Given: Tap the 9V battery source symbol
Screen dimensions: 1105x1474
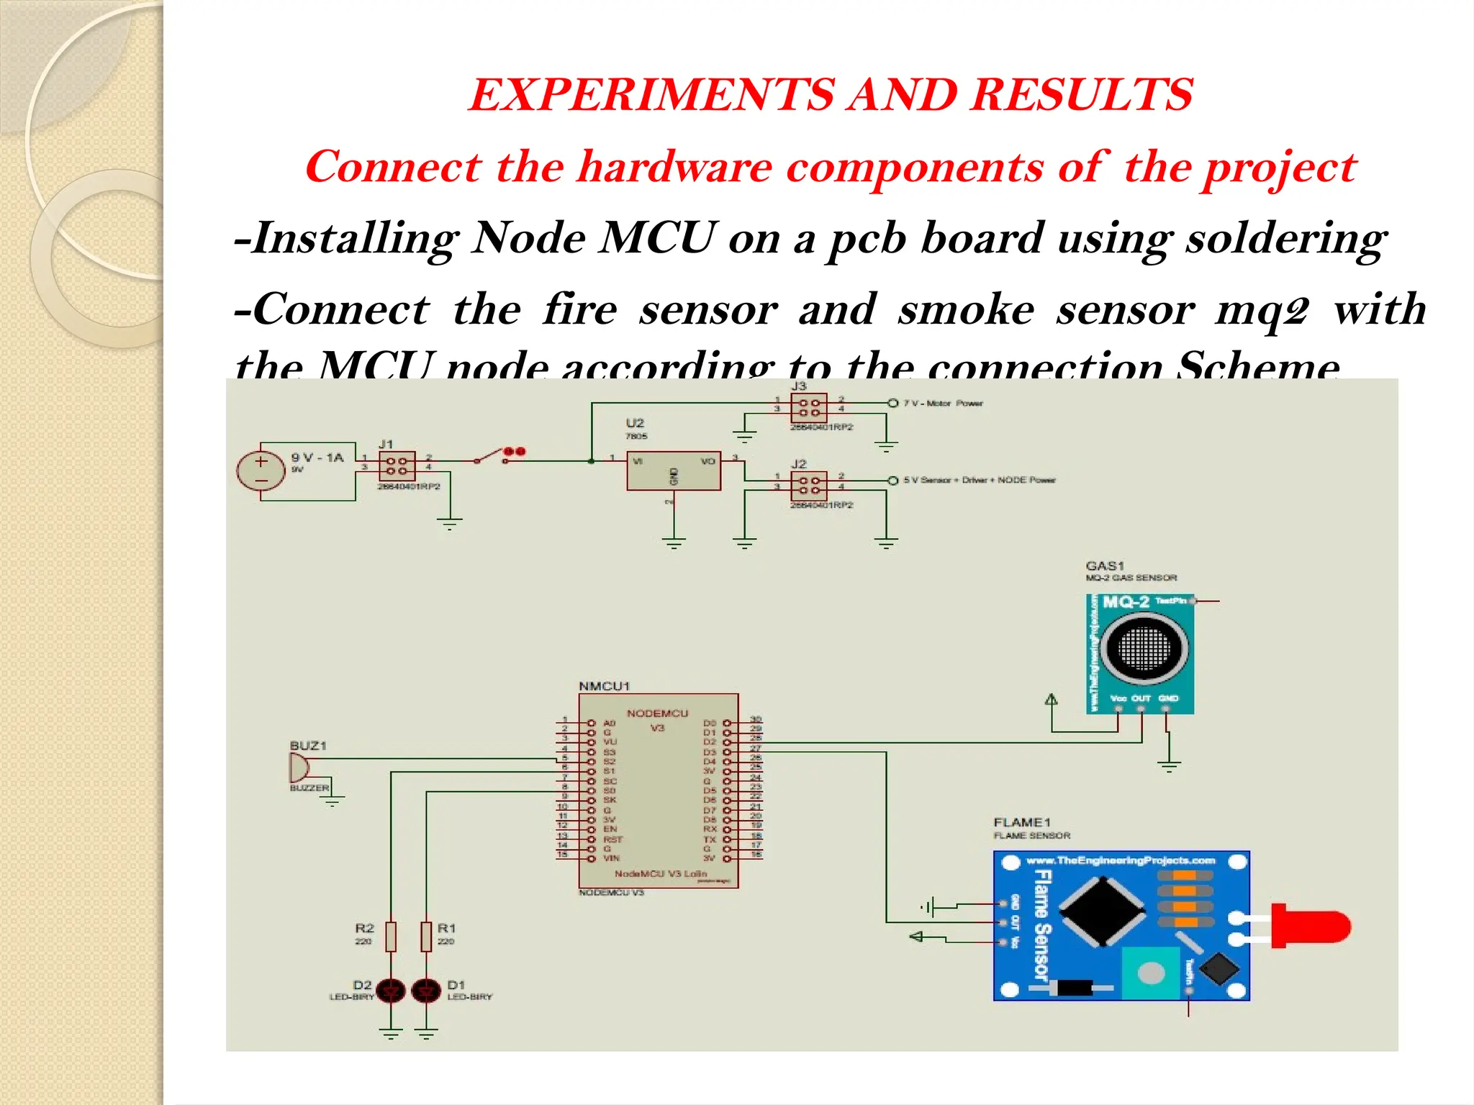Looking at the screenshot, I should (261, 471).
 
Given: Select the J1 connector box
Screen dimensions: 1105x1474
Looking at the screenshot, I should (397, 465).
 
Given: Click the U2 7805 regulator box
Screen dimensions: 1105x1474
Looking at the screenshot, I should (673, 471).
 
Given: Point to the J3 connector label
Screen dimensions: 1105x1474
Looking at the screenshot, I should (799, 386).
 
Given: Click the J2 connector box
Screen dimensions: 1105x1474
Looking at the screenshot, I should (808, 485).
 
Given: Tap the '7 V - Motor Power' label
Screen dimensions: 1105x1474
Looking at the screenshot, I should (944, 404).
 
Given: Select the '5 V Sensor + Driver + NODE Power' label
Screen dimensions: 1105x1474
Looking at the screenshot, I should (980, 480).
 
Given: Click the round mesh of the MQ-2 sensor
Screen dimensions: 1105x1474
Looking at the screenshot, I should (1144, 648).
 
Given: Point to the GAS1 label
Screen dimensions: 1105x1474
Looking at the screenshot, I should (1105, 565).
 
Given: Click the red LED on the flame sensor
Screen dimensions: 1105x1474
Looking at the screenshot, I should (1309, 926).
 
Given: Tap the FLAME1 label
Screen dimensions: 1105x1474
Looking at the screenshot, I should (1022, 822).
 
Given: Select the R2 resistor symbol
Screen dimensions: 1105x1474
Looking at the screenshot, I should (391, 936).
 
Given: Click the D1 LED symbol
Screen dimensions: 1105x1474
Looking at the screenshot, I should (426, 991).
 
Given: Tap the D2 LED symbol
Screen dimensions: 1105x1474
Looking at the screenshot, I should (391, 991).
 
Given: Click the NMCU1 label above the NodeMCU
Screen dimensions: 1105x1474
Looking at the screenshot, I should (604, 686).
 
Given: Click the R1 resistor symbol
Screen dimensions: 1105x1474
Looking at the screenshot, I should (426, 936).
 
